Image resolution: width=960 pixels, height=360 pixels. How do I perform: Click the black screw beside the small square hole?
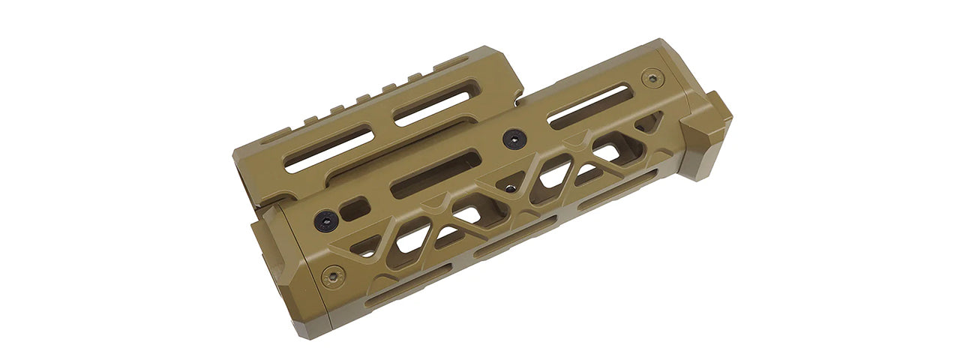325,220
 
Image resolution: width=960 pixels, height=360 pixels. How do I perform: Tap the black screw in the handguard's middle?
514,138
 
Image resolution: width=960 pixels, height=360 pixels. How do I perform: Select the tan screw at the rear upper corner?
653,77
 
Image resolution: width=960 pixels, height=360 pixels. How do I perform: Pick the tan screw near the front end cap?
333,276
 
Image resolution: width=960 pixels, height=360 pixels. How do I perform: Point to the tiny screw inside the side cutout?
509,189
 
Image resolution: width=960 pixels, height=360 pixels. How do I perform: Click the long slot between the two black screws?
435,173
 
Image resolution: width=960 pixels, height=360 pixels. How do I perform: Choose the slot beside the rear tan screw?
589,106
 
